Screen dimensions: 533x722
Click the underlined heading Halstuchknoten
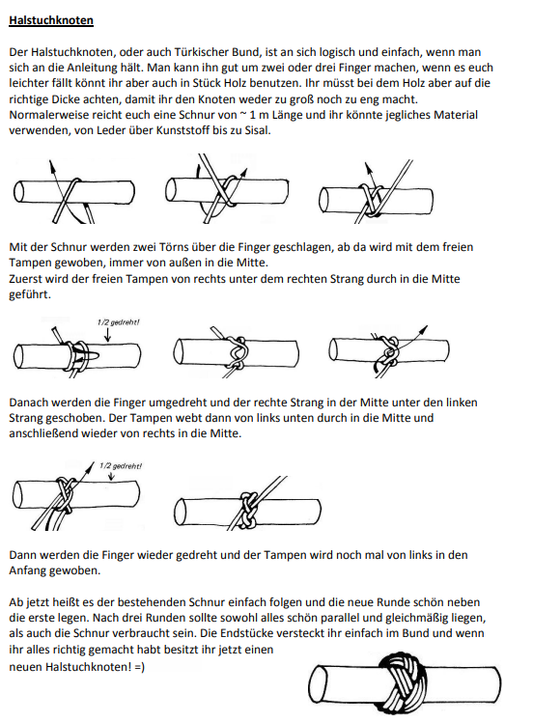click(51, 20)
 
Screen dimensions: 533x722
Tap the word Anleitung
click(93, 69)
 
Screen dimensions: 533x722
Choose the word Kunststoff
click(182, 130)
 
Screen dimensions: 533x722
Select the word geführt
click(30, 294)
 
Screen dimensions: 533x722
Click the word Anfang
click(25, 571)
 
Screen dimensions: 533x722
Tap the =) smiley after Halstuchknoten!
click(140, 667)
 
